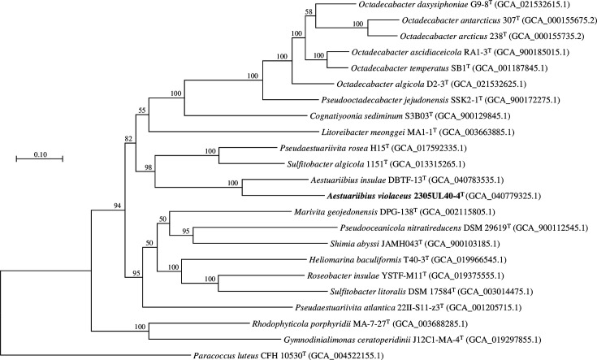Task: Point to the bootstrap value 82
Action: pyautogui.click(x=129, y=139)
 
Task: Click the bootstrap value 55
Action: pyautogui.click(x=144, y=110)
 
